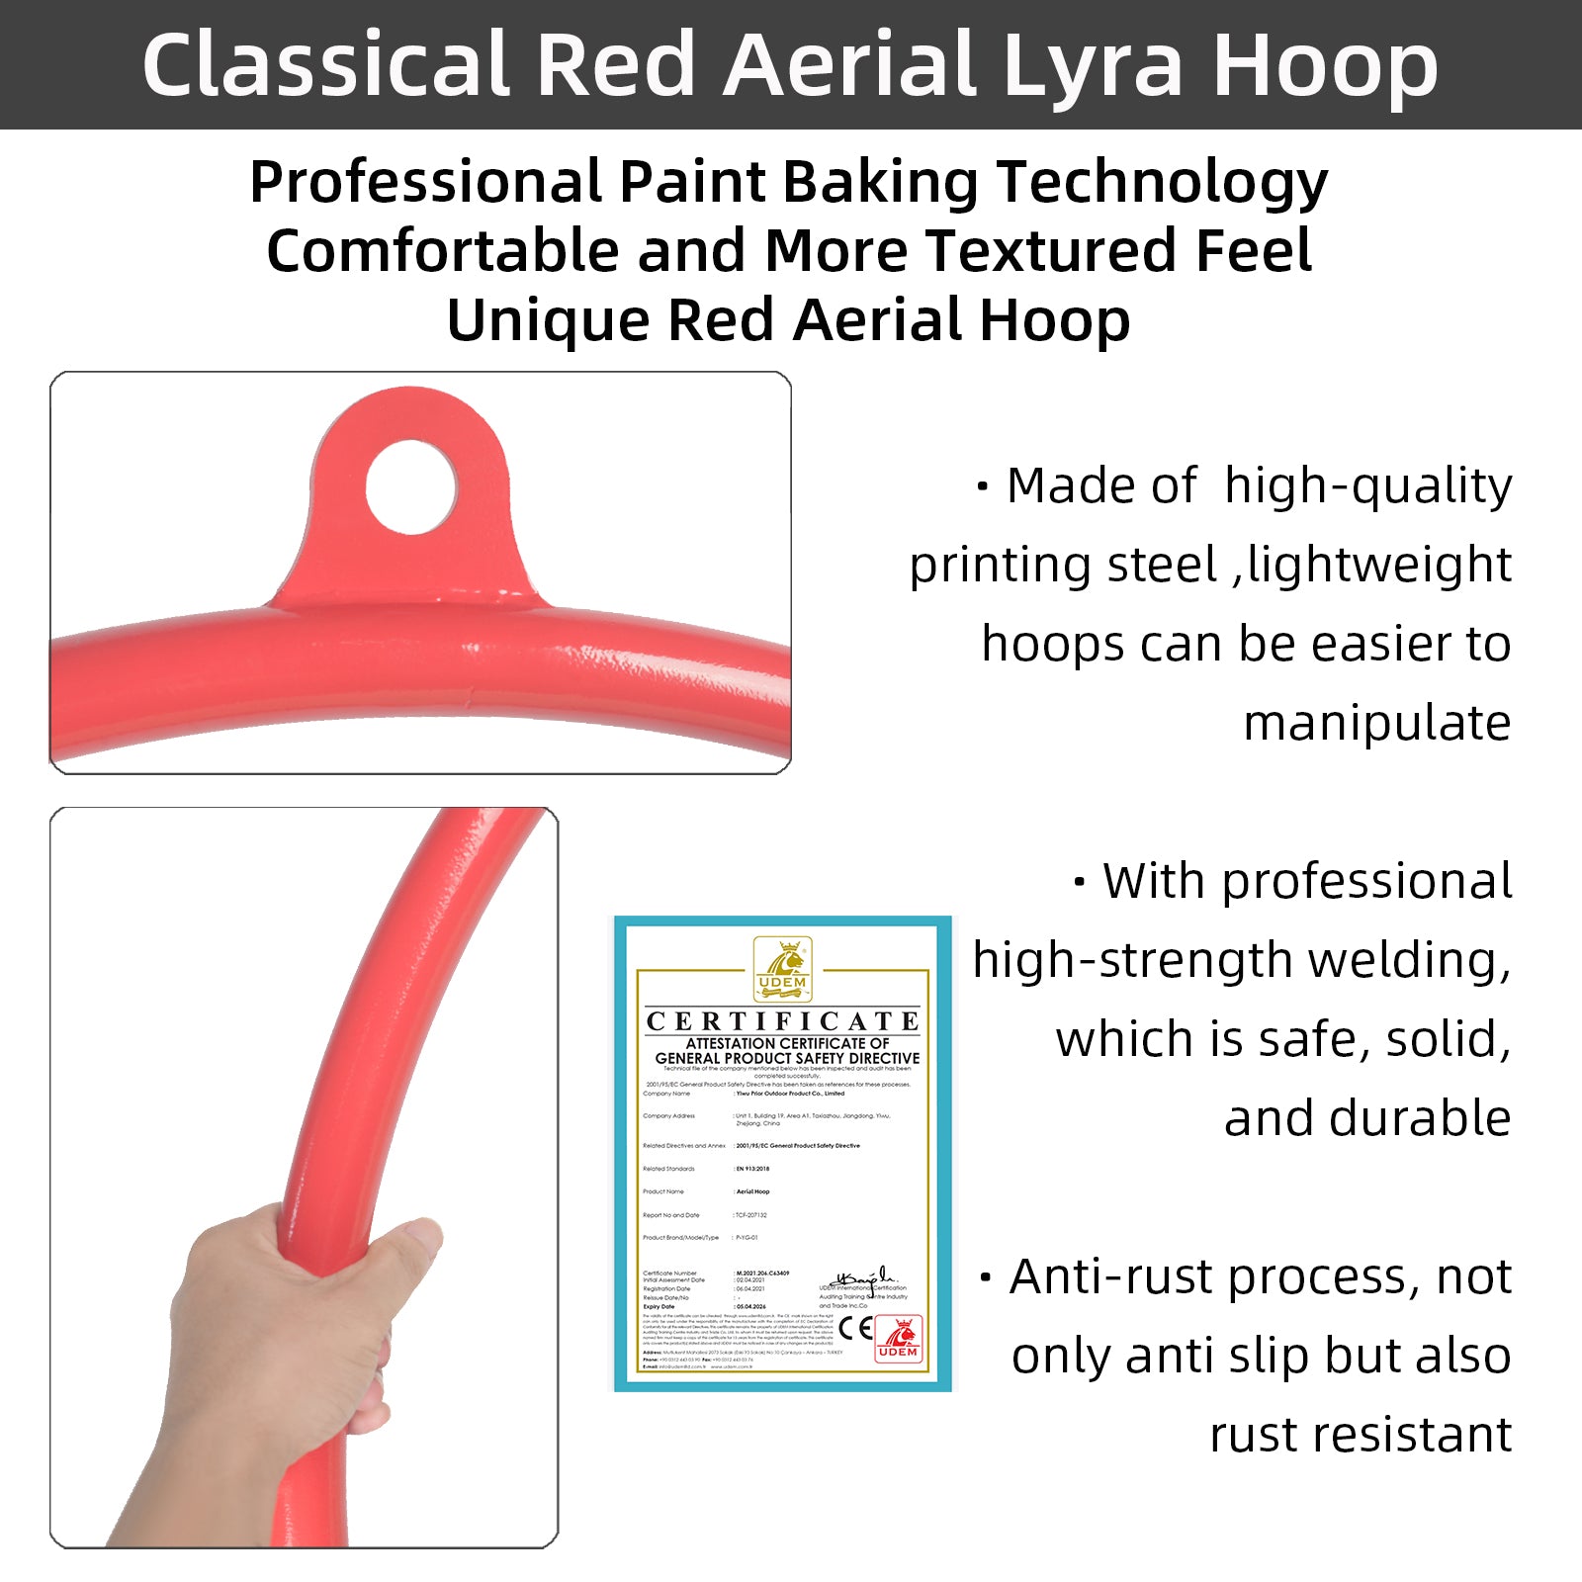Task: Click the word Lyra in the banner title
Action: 1092,65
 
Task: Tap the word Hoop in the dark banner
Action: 1325,65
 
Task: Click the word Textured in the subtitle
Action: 1051,251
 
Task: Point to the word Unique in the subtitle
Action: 547,321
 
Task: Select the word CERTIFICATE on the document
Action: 782,1021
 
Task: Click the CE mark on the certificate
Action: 855,1327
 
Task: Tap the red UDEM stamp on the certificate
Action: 898,1340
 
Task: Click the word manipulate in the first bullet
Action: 1376,724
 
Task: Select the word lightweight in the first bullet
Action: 1379,566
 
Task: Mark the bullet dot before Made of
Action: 982,486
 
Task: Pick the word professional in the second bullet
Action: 1366,882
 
